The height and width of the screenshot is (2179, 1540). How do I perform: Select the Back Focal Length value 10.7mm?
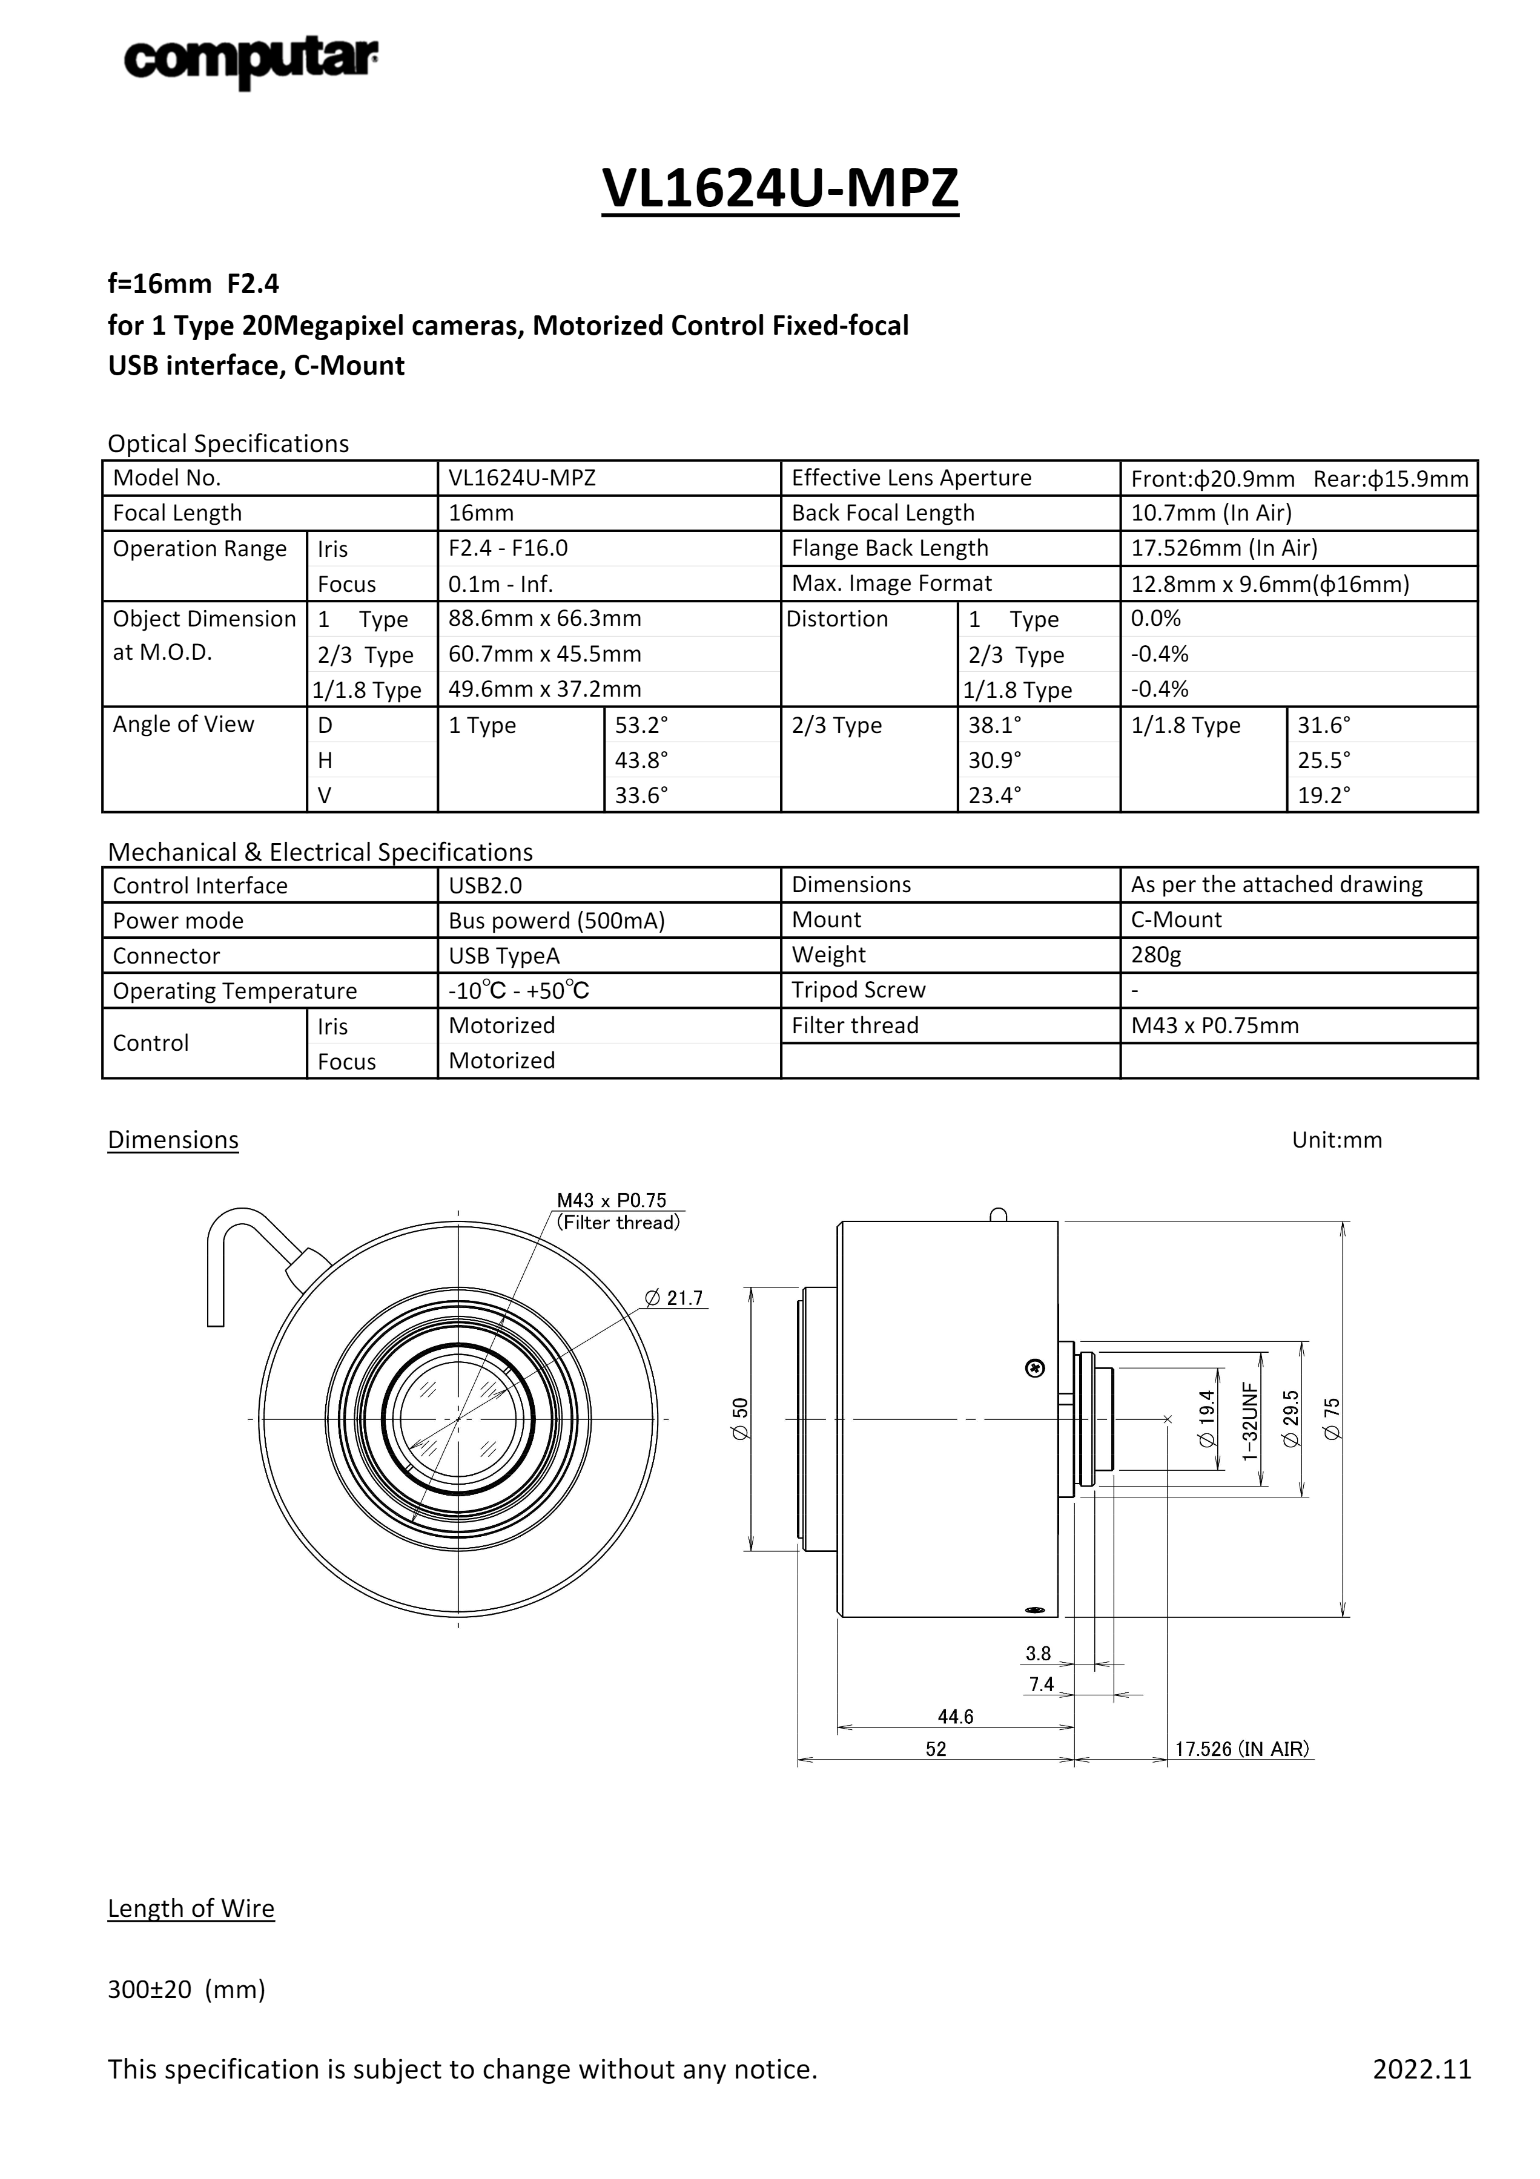[1211, 513]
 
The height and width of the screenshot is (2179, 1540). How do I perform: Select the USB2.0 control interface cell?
[485, 886]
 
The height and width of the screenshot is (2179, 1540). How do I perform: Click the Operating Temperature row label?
[234, 991]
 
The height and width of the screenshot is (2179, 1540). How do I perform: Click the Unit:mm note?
[1336, 1140]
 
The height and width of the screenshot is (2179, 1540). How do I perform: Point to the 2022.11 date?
[1421, 2069]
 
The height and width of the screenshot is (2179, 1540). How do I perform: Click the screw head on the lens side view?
[1036, 1367]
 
